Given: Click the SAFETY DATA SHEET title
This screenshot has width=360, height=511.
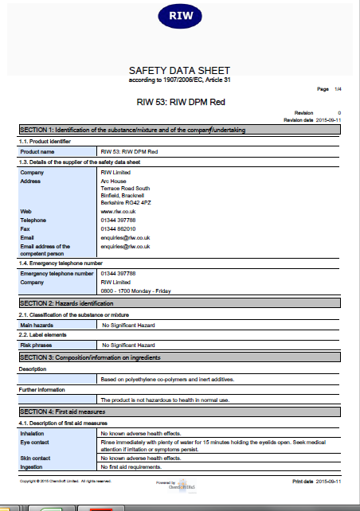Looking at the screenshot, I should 179,71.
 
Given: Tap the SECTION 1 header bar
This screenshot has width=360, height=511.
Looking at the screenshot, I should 179,129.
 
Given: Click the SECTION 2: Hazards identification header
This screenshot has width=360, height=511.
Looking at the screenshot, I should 179,303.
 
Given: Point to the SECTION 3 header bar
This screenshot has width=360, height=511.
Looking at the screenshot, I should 179,357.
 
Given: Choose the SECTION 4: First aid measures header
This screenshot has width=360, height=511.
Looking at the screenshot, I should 179,411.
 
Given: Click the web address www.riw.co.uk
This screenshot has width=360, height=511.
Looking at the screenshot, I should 118,211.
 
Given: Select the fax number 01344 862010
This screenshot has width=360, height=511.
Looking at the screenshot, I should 118,228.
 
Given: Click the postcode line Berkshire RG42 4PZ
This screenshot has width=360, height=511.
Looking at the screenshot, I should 129,202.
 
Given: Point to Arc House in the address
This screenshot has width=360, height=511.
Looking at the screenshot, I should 115,181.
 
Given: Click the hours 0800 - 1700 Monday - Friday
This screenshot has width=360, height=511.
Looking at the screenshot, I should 135,291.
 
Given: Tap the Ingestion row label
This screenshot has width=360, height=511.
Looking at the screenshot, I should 32,466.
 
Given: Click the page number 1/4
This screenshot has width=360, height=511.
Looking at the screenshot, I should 337,88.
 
